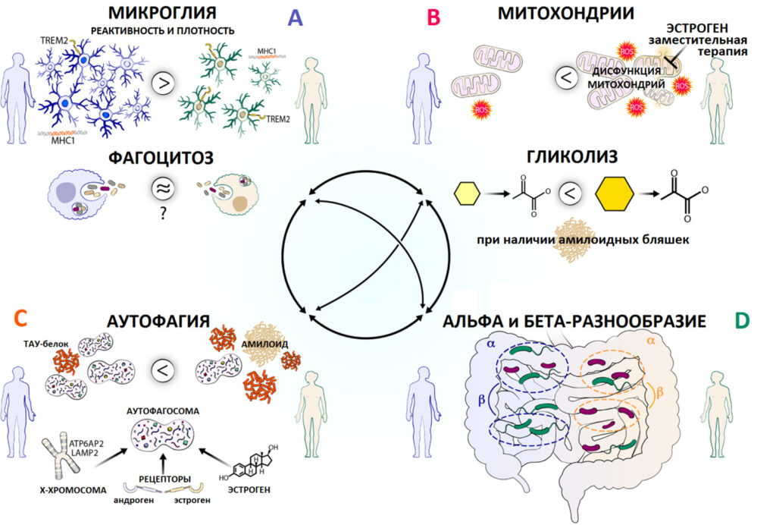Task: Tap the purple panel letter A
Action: (x=294, y=17)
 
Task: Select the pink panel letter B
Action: (x=433, y=17)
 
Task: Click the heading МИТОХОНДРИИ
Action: (x=566, y=13)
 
